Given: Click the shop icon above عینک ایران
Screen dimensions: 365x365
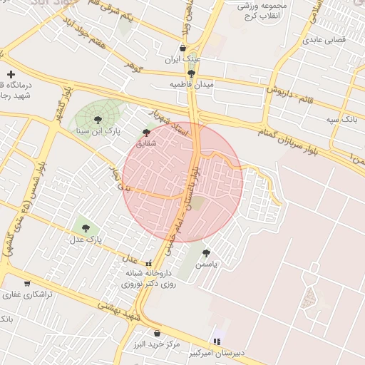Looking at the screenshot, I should coord(183,48).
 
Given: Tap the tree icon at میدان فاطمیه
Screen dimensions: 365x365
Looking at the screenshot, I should coord(190,73).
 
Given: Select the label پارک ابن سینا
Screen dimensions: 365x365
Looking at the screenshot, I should coord(98,132).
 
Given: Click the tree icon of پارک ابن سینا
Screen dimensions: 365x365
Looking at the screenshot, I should coord(98,120).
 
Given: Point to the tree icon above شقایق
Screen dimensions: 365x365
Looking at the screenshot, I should coord(146,132).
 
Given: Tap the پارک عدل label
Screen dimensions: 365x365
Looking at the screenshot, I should coord(86,240).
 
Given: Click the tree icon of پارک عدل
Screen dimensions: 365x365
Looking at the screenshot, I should coord(86,228).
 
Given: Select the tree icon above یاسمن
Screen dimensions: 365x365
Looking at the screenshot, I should coord(206,253).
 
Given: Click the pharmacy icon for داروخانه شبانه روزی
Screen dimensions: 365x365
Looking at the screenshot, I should coord(148,263).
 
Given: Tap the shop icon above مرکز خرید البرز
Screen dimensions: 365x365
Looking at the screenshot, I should coord(157,333).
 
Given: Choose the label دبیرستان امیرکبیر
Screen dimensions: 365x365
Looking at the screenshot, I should coord(217,353).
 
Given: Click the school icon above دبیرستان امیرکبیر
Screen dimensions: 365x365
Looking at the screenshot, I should coord(217,342).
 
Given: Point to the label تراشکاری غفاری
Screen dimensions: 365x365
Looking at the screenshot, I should coord(26,294).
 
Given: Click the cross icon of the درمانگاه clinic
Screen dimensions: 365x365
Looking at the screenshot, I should coord(11,74).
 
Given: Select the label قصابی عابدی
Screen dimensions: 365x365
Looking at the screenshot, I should coord(324,40).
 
